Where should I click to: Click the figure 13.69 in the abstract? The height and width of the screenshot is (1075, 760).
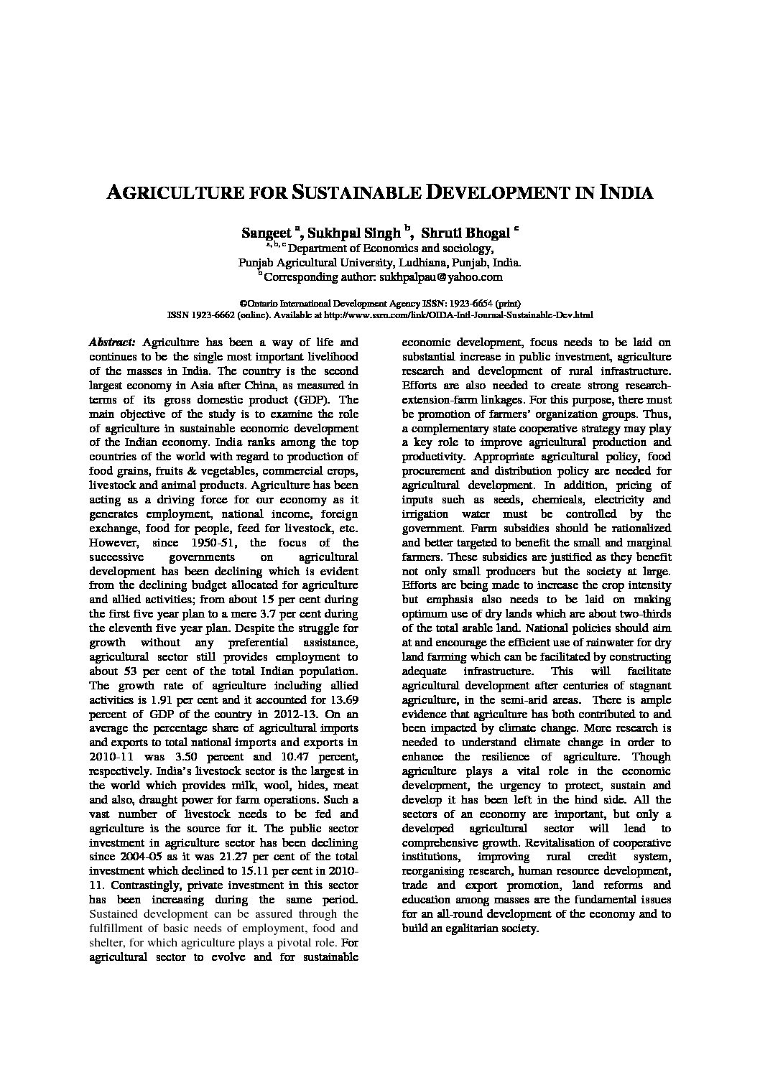tap(339, 699)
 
